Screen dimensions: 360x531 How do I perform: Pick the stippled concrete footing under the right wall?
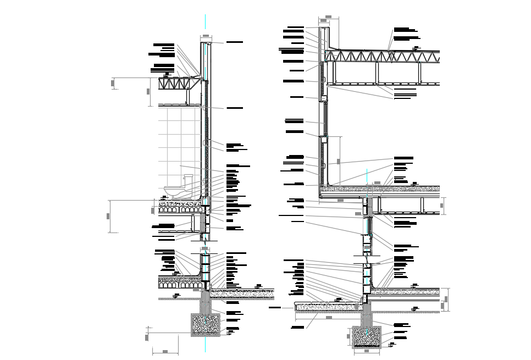pos(366,336)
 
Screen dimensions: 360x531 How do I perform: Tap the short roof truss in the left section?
pos(180,84)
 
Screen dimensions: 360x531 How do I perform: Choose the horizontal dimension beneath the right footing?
pos(366,351)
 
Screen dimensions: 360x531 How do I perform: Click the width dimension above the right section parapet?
pos(328,17)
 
